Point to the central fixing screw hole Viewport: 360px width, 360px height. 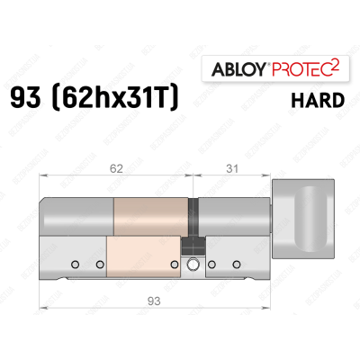tap(192, 265)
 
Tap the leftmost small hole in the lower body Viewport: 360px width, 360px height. tap(76, 265)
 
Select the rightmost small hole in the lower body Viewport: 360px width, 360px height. tap(237, 265)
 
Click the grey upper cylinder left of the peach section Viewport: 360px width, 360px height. tap(79, 214)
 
